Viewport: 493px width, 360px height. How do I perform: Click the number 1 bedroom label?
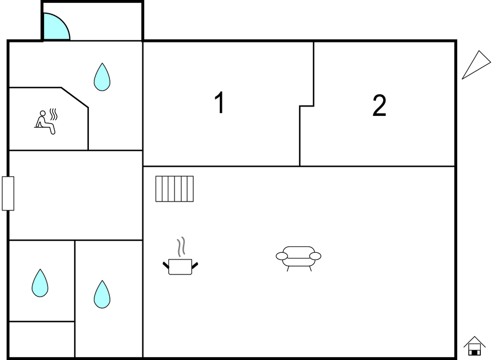220,103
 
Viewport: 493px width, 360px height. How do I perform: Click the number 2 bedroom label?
379,105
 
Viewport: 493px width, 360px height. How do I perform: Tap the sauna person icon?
45,123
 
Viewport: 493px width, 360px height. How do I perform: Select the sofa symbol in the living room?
298,258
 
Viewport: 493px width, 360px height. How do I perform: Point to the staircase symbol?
174,189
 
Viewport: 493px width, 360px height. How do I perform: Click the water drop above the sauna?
102,77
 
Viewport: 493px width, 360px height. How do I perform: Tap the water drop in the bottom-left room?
40,283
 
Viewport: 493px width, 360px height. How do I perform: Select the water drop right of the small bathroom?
102,295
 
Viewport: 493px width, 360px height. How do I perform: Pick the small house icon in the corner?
474,346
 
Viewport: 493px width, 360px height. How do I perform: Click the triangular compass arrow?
476,65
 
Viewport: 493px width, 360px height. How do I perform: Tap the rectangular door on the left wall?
8,193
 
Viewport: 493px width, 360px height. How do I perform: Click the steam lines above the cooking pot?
181,246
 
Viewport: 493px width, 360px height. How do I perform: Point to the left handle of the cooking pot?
166,265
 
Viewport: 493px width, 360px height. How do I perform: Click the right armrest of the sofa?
315,256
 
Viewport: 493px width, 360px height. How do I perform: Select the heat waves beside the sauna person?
54,114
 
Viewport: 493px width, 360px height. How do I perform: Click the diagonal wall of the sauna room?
75,98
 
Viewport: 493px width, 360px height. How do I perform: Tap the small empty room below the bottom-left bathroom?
41,339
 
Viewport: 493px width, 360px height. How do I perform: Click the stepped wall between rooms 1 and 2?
306,106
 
